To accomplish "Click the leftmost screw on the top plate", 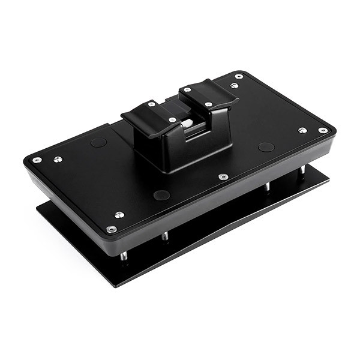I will (37, 160).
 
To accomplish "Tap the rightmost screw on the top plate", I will (323, 130).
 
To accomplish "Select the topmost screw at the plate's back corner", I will (239, 77).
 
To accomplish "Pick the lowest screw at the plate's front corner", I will (111, 229).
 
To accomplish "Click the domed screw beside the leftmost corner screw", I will (58, 159).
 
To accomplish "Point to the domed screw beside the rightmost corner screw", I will (302, 130).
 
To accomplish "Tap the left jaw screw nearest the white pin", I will (172, 120).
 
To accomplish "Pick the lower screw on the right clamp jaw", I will (208, 104).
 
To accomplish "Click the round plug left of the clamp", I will (98, 143).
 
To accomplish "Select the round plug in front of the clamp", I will (161, 195).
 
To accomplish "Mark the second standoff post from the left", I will (164, 236).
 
